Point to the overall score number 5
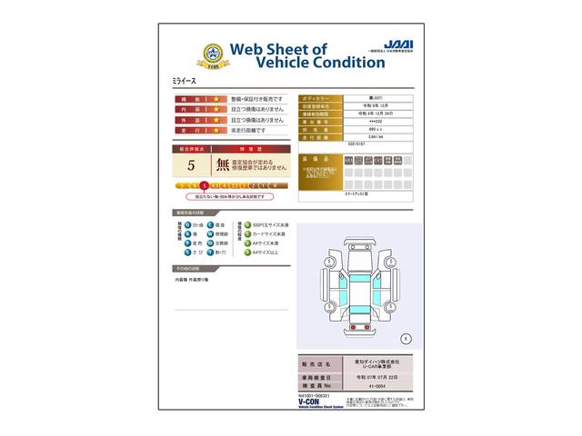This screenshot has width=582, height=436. point(191,165)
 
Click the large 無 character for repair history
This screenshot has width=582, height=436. point(222,165)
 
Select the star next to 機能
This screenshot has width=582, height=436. point(216,98)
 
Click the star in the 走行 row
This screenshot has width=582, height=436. point(216,131)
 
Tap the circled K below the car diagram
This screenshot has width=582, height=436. point(406,338)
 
